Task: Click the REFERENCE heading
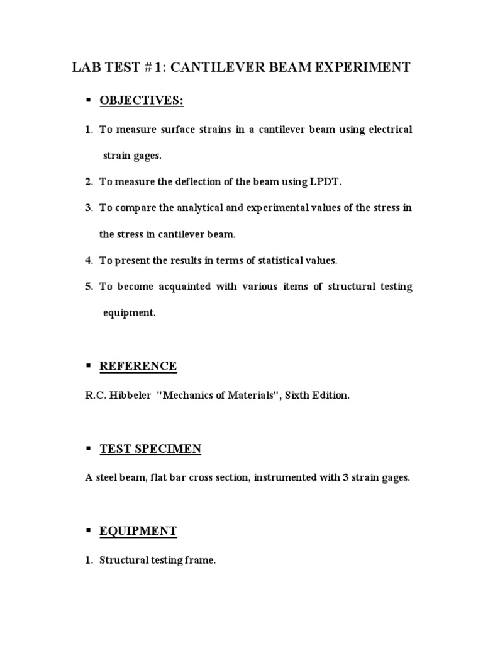[138, 366]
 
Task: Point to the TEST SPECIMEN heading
[150, 448]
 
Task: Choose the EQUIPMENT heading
[138, 531]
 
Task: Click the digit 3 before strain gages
[345, 477]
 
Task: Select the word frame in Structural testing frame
[202, 560]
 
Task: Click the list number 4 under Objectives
[89, 260]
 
